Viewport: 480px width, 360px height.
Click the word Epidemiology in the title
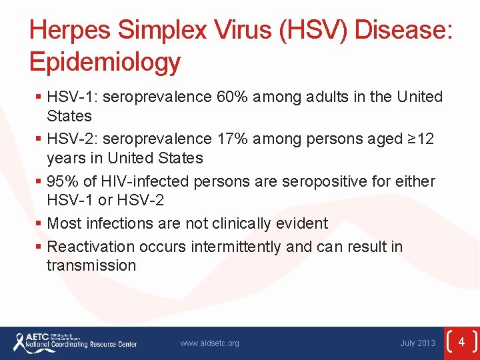(x=105, y=61)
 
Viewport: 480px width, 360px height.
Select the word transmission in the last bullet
(x=91, y=265)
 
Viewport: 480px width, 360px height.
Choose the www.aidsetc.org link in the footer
(x=209, y=343)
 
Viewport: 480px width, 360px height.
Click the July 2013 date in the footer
(x=417, y=343)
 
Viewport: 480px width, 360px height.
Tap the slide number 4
(x=461, y=342)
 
